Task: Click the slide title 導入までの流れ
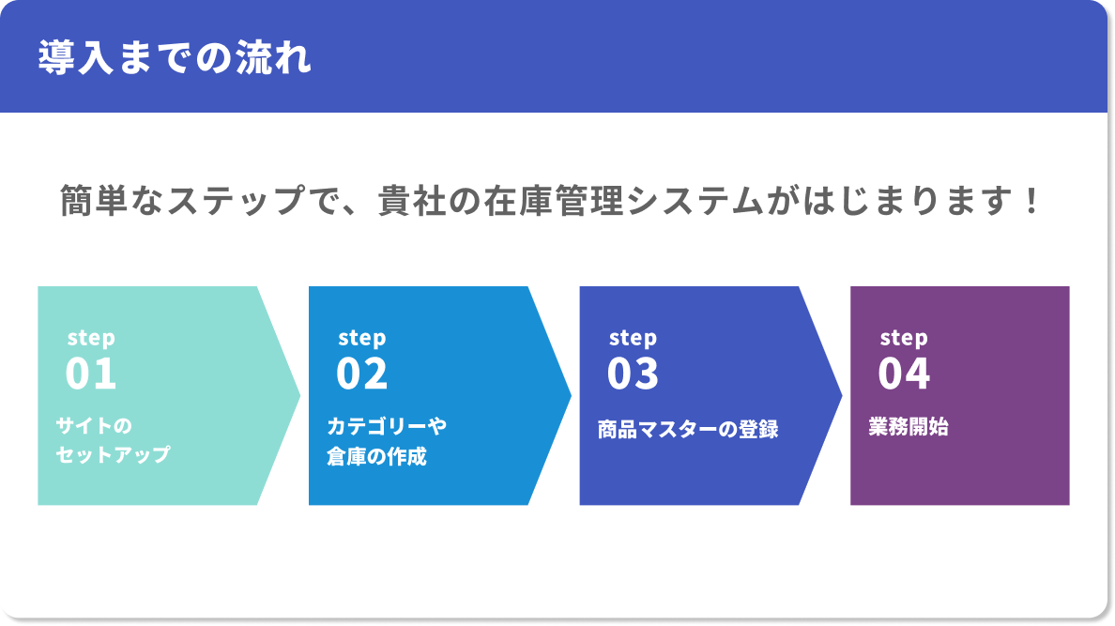[175, 58]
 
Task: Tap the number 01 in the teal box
[91, 374]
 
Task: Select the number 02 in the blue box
[362, 374]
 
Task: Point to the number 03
[634, 374]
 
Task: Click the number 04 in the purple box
[904, 374]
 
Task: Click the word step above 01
[91, 338]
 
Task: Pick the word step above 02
[362, 338]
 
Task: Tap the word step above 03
[634, 338]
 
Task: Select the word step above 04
[904, 338]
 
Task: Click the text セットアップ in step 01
[113, 455]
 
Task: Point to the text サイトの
[94, 426]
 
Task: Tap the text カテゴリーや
[387, 426]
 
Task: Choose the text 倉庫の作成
[376, 457]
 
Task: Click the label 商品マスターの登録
[688, 430]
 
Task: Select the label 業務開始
[909, 427]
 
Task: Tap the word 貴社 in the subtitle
[405, 201]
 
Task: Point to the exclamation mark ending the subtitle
[1031, 201]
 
